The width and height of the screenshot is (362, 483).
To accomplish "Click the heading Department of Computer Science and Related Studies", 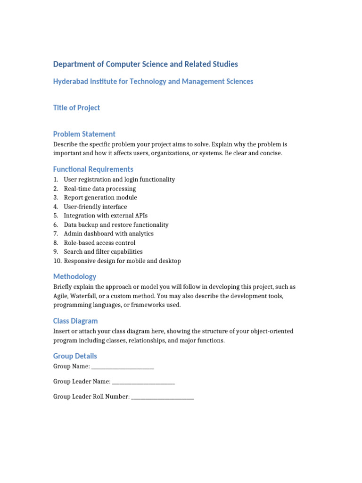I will (145, 64).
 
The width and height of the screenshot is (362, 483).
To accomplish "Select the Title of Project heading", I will (76, 108).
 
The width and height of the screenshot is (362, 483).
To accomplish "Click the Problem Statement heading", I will (84, 134).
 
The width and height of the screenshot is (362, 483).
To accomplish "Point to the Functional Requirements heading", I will (93, 169).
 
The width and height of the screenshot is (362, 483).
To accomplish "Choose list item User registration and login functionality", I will (119, 180).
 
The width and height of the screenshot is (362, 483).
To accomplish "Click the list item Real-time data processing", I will (99, 189).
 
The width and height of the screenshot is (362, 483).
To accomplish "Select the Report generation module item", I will (100, 198).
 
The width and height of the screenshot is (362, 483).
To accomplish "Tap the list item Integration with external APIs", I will (106, 216).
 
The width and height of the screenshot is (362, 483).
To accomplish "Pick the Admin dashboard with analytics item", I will (108, 233).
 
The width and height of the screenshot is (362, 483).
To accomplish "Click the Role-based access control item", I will (99, 243).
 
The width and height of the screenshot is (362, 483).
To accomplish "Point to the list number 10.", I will (57, 261).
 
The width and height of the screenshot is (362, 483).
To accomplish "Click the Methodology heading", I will (74, 277).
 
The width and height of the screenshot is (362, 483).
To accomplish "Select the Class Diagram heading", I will (75, 321).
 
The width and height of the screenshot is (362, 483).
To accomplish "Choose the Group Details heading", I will (75, 356).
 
